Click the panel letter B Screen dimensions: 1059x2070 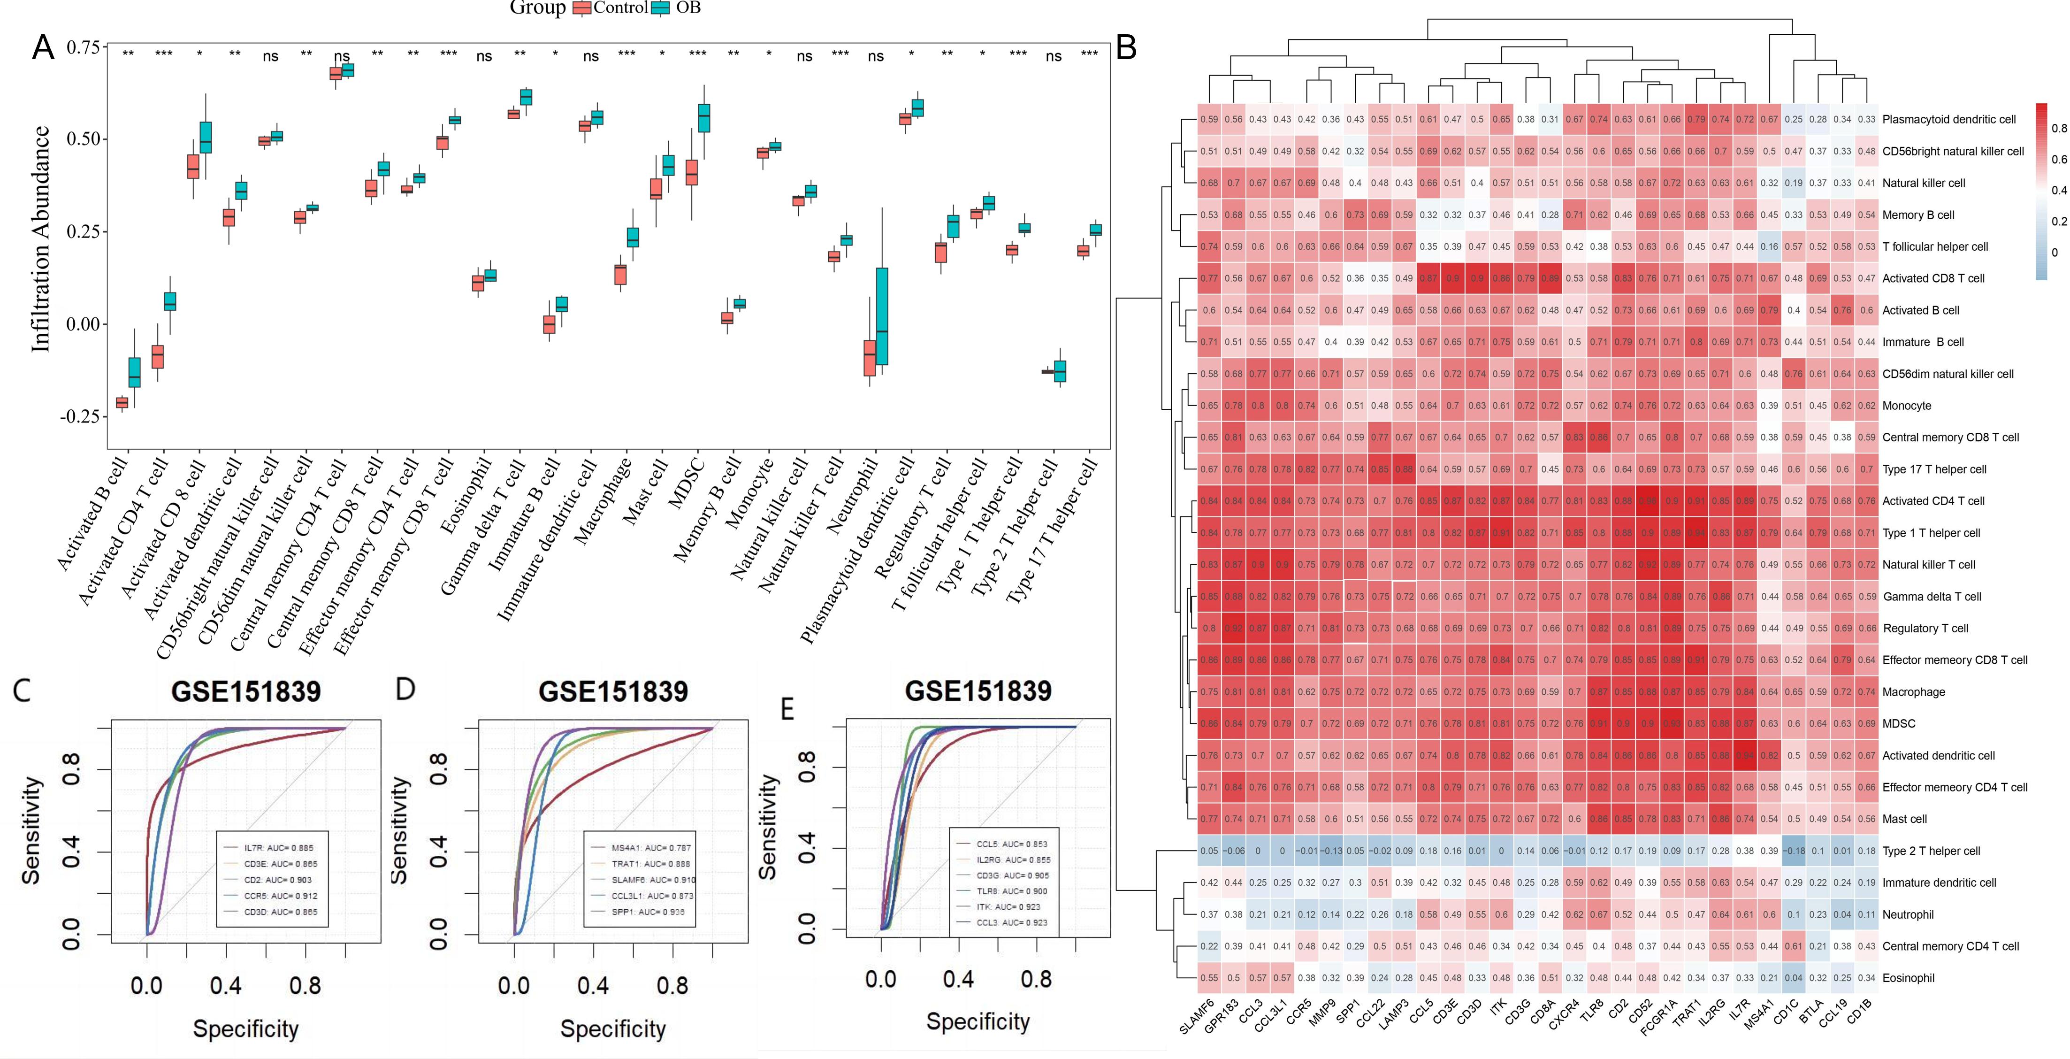(1127, 48)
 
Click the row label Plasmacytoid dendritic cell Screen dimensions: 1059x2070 (1948, 120)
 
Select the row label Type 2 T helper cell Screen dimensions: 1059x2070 (1931, 851)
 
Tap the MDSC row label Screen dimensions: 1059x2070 (1898, 724)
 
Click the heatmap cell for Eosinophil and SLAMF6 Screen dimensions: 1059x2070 (1208, 978)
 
